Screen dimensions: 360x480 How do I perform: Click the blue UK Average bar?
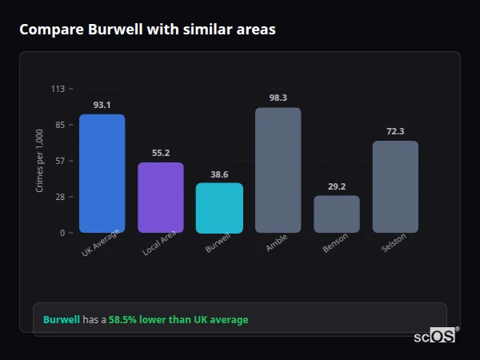(102, 174)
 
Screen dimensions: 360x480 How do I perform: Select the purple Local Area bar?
(160, 198)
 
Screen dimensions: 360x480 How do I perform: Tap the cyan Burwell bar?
(219, 208)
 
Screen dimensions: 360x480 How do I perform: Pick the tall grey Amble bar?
(278, 170)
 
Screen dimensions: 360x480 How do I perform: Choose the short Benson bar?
(336, 214)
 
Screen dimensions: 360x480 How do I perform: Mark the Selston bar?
(395, 186)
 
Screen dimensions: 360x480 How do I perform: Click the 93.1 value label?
(102, 105)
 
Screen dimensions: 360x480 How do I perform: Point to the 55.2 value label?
(160, 153)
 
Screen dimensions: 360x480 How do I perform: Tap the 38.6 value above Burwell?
(219, 174)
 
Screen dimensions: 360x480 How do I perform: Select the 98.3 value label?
(278, 98)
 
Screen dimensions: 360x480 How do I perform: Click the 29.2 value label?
(336, 186)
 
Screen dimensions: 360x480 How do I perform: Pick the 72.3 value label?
(395, 131)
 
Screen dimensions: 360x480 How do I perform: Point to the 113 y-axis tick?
(58, 89)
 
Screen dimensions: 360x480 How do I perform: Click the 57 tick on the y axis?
(60, 161)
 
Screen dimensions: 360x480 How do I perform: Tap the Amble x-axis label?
(277, 243)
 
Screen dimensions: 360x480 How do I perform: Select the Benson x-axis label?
(335, 244)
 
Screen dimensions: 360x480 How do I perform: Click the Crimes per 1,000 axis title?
(40, 160)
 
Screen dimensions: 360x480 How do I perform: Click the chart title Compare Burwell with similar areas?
(147, 30)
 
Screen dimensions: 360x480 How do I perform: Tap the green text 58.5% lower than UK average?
(178, 320)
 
